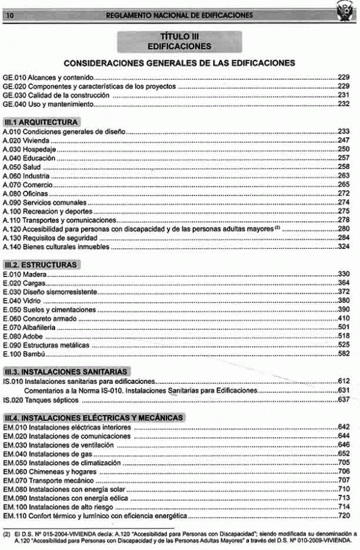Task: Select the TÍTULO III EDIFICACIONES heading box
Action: click(179, 41)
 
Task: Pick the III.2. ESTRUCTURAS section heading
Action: click(41, 264)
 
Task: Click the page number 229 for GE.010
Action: click(343, 78)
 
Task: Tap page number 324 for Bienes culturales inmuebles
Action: click(343, 247)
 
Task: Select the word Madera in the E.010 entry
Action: click(35, 274)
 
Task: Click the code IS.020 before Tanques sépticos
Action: click(13, 399)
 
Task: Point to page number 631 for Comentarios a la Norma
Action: click(343, 390)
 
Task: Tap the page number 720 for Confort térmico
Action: click(343, 516)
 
